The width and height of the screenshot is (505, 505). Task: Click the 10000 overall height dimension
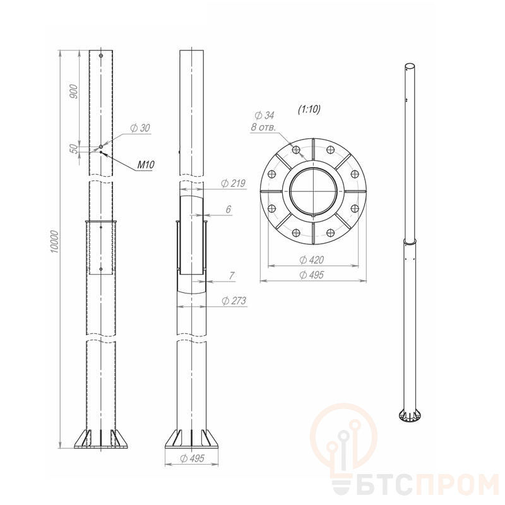click(x=55, y=242)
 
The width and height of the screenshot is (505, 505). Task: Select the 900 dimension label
click(x=74, y=91)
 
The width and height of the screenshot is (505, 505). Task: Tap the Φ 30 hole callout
click(x=140, y=128)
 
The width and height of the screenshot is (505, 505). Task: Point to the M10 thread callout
click(x=146, y=165)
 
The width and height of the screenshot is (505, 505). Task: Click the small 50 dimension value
click(x=74, y=148)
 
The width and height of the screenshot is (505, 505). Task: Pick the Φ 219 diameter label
click(x=233, y=183)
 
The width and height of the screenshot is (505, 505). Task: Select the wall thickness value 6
click(x=229, y=210)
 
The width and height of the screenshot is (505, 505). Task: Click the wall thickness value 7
click(x=232, y=276)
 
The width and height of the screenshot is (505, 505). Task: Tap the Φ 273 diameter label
click(x=234, y=301)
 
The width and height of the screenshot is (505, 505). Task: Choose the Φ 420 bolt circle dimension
click(x=311, y=260)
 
